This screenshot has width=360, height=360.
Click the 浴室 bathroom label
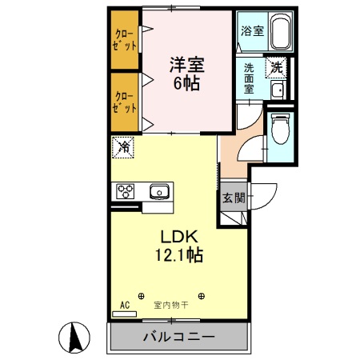coord(252,33)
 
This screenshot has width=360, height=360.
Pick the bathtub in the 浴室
coord(278,33)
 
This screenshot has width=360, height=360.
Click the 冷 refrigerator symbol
coord(124,146)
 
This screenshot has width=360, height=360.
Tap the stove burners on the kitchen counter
coord(126,191)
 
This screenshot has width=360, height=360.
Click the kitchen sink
coord(158,191)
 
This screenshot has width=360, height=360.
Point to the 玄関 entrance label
coord(233,198)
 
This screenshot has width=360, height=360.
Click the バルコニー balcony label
coord(178,337)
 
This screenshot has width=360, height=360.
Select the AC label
coord(125,305)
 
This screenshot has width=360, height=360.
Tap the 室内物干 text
coord(170,305)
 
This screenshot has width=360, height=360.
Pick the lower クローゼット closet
coord(124,102)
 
